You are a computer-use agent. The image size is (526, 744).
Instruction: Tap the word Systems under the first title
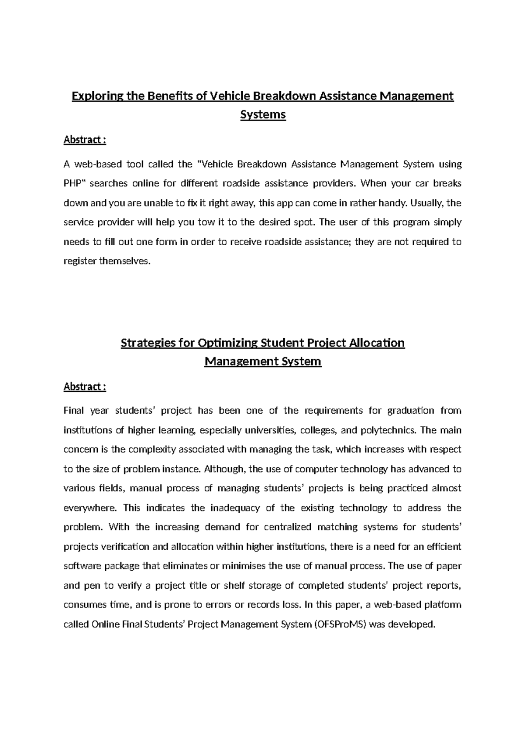pos(263,115)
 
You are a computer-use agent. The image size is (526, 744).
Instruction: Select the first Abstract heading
pos(85,140)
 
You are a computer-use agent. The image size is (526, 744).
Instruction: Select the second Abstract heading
pos(85,386)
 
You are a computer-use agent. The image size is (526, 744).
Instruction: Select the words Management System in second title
pos(263,362)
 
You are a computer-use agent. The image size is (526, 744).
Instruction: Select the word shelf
pos(234,586)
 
